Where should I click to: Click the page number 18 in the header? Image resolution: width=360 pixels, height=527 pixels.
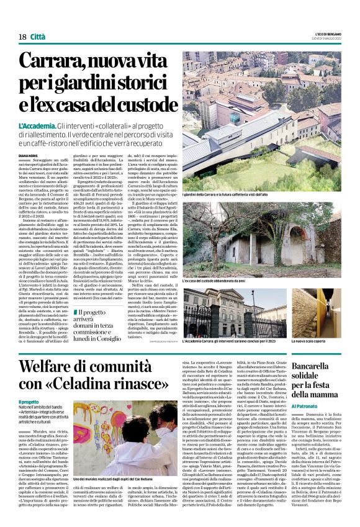point(22,38)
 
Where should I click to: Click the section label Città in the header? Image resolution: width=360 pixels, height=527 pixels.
point(40,38)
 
